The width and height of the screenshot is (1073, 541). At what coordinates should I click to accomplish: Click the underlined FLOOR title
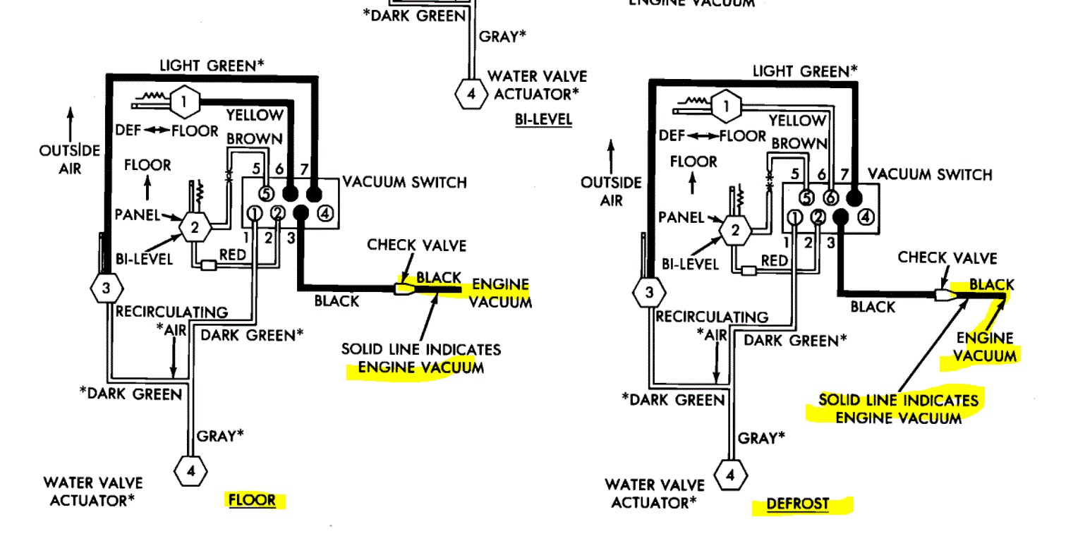[x=252, y=500]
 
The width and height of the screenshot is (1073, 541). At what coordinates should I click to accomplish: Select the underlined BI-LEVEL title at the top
[x=543, y=119]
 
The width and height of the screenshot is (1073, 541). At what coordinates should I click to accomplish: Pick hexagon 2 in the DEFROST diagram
[x=735, y=230]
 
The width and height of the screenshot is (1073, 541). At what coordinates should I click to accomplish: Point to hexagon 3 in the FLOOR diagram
[x=107, y=287]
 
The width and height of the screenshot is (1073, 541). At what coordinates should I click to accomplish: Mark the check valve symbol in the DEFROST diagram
[x=943, y=295]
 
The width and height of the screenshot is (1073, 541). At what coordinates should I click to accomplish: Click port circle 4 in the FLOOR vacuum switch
[x=325, y=213]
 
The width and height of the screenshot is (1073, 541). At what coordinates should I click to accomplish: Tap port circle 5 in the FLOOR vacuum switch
[x=266, y=193]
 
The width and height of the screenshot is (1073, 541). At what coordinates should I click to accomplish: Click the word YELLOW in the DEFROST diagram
[x=797, y=121]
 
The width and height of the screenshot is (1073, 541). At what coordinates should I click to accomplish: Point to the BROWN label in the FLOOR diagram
[x=254, y=139]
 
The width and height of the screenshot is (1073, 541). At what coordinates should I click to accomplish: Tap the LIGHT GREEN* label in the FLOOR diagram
[x=212, y=66]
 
